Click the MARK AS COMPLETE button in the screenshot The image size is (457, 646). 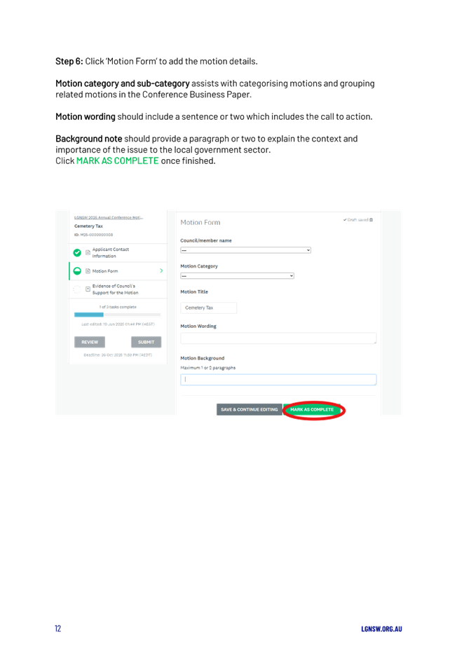[x=312, y=409]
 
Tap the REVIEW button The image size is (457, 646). [x=90, y=342]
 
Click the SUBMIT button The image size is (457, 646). [x=146, y=342]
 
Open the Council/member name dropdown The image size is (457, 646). [x=245, y=249]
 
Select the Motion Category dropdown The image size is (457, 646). [x=237, y=275]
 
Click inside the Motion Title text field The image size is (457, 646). [x=208, y=308]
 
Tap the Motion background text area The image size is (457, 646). [x=278, y=380]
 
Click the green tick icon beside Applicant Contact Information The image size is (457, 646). [x=77, y=252]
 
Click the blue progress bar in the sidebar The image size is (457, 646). [x=89, y=315]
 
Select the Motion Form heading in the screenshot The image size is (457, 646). [x=200, y=222]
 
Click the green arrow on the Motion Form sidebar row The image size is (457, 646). [x=161, y=270]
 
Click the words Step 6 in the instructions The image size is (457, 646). [x=69, y=62]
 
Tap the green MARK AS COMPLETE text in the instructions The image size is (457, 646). [x=117, y=161]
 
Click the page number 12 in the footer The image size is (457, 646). [x=58, y=628]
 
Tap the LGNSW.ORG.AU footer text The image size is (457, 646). [x=381, y=628]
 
